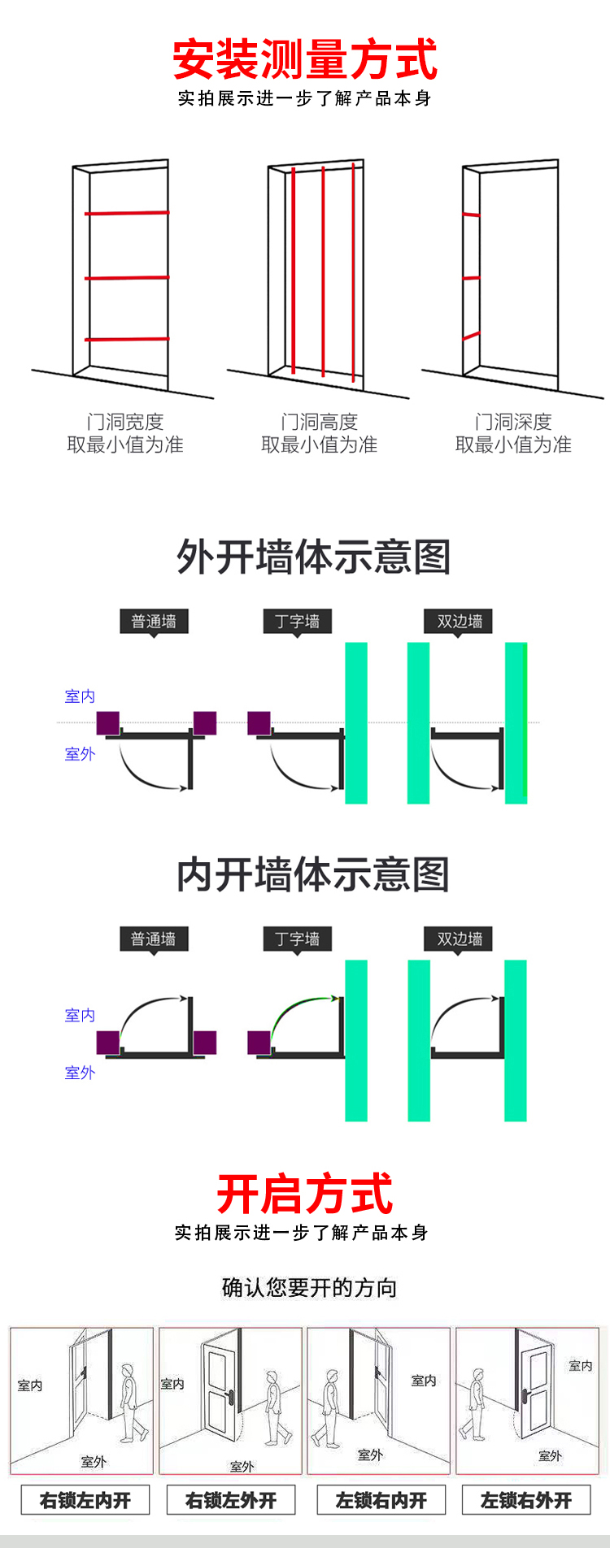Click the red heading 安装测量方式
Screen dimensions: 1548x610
pos(305,59)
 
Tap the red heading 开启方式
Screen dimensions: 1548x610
pos(305,1194)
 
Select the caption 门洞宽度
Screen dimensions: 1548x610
pos(125,422)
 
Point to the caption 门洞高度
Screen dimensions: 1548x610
pos(319,422)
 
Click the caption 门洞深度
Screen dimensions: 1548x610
pos(513,422)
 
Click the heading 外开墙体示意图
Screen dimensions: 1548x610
pos(313,557)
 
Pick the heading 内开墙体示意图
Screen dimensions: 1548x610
pos(313,875)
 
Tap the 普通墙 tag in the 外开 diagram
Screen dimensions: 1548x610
pos(154,622)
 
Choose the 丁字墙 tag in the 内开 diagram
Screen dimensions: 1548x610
pos(297,939)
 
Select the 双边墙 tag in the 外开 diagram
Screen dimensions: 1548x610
pos(460,622)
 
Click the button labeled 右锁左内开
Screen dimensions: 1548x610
pos(85,1500)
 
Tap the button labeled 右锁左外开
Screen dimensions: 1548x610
pos(231,1500)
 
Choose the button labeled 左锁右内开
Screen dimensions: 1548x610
pos(381,1500)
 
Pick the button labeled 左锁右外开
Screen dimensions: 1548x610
pos(526,1500)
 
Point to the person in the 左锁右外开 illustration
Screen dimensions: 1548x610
pos(474,1404)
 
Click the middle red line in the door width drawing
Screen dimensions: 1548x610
pos(127,278)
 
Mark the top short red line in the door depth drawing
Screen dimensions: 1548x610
pos(471,215)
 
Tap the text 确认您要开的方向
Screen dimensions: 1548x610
pos(309,1288)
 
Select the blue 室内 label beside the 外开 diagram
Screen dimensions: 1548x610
pos(80,696)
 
